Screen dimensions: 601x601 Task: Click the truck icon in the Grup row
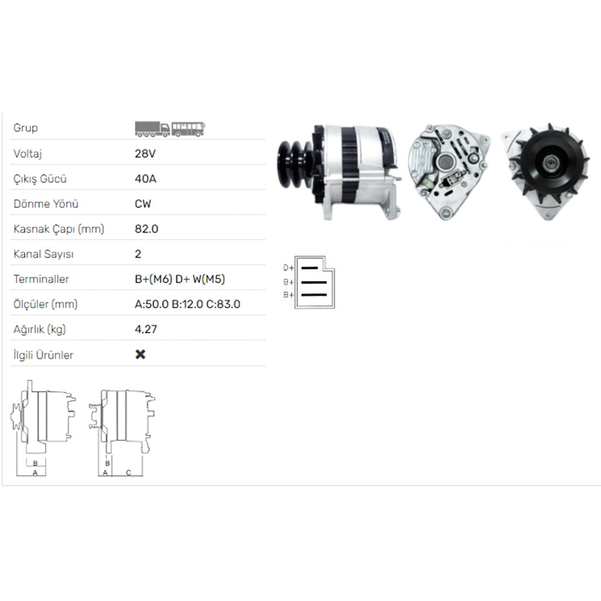click(152, 129)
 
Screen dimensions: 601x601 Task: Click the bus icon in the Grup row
click(188, 129)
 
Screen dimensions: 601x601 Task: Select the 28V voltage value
click(145, 153)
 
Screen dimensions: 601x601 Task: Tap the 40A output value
click(145, 179)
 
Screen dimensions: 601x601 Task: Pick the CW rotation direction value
click(143, 204)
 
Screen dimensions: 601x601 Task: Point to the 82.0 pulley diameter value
click(147, 229)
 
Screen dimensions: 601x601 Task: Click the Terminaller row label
click(41, 279)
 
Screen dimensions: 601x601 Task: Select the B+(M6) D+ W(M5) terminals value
click(180, 279)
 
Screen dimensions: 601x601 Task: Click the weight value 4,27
click(146, 329)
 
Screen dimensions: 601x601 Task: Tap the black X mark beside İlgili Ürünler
click(140, 354)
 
